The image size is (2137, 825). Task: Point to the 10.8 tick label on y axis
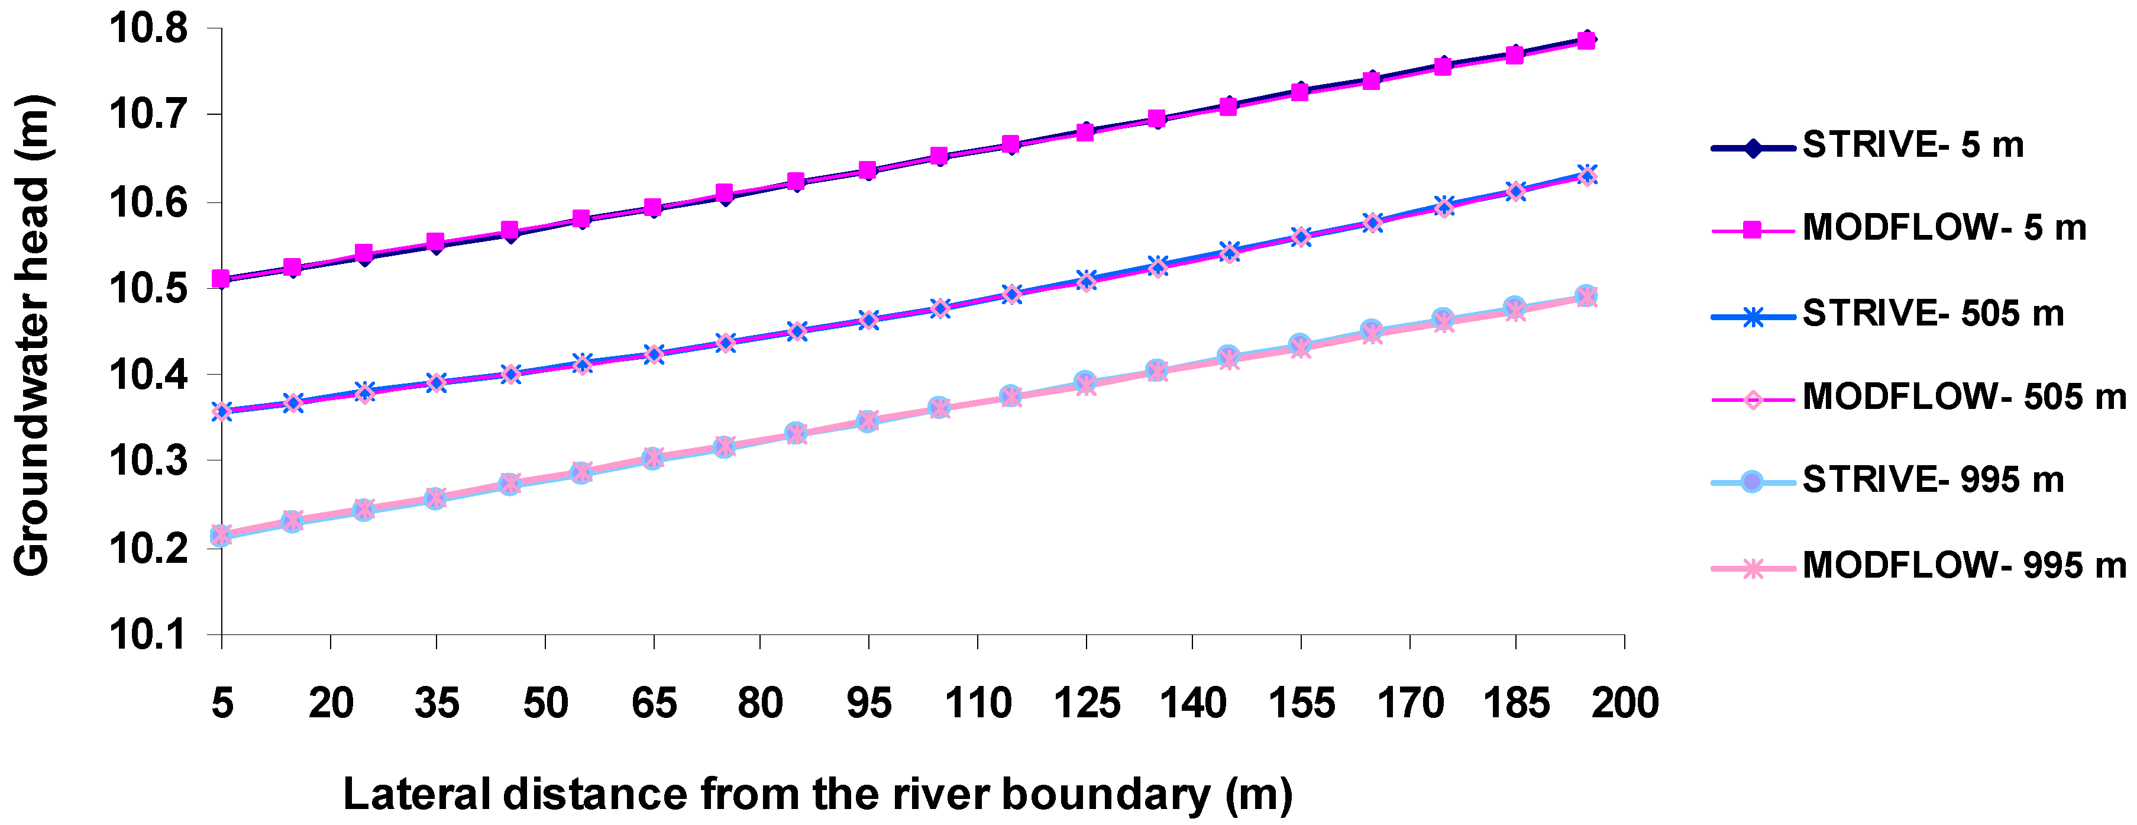coord(148,29)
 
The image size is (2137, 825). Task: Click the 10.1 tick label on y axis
coord(148,635)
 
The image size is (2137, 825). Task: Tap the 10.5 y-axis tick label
coord(148,289)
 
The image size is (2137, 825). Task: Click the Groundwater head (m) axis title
coord(33,336)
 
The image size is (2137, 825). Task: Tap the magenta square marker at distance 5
coord(221,279)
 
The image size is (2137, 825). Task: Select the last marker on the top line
coord(1586,40)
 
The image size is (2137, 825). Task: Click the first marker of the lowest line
coord(221,536)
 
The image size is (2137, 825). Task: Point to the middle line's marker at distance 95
coord(868,320)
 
